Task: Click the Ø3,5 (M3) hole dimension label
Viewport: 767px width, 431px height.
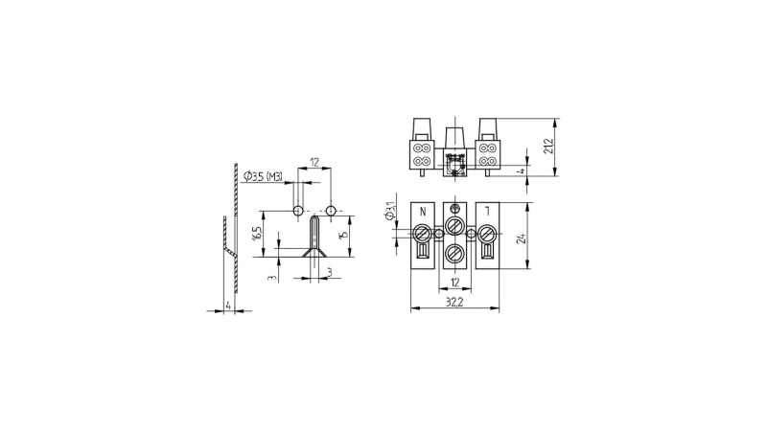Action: point(264,176)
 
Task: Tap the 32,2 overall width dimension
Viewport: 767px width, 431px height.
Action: point(453,301)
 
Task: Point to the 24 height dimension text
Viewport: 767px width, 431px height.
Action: point(522,238)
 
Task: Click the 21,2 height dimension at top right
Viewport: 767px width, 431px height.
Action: point(548,147)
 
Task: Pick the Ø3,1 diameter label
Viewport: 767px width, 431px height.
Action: point(389,211)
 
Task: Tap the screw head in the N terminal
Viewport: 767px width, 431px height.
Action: point(424,233)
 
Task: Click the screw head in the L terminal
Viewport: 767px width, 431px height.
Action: point(486,233)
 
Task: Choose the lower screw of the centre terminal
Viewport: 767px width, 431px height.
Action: point(455,254)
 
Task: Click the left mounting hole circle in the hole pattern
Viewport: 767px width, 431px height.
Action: point(298,211)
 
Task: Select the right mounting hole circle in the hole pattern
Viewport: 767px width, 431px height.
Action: point(331,211)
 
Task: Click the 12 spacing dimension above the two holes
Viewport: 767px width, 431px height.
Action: point(314,162)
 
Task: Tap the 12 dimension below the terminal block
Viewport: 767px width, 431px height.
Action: point(454,283)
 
